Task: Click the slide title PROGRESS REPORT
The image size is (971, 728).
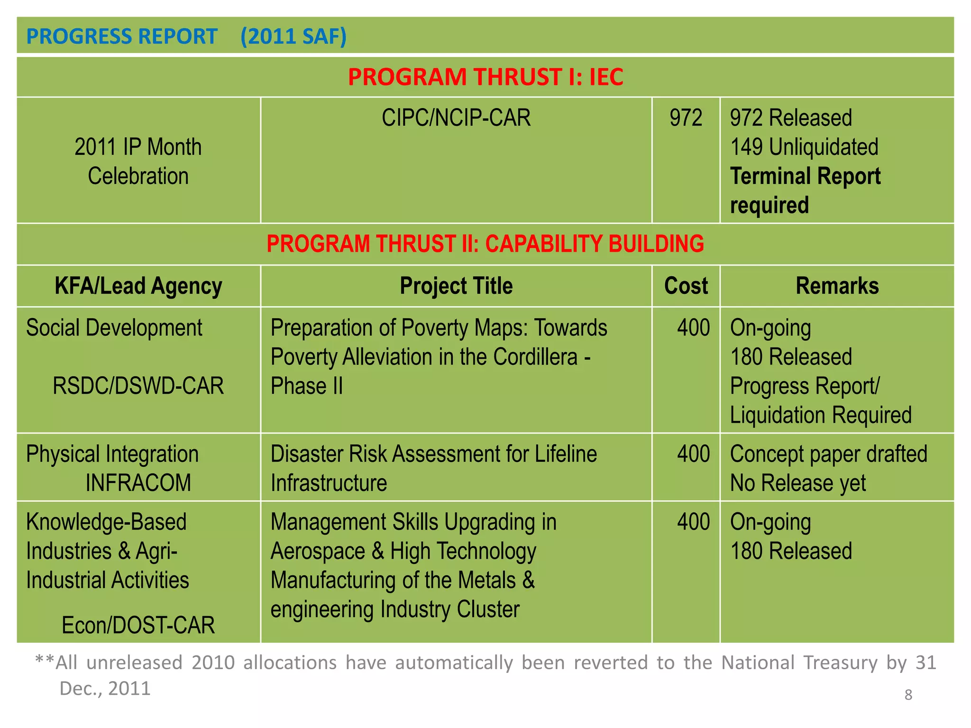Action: point(121,36)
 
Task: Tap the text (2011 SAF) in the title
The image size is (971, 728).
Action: point(293,36)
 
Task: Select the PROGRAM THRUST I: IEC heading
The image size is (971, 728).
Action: point(485,77)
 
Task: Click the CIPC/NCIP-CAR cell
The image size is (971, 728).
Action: point(456,118)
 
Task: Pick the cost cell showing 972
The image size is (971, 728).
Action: point(686,118)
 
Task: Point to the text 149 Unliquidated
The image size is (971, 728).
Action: point(804,147)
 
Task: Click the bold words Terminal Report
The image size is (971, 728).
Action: point(805,176)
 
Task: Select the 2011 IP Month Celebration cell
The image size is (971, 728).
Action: point(138,161)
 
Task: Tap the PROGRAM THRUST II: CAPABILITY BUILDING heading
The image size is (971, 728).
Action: point(485,244)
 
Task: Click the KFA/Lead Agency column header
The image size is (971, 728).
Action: point(138,286)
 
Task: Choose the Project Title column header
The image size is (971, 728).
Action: point(456,286)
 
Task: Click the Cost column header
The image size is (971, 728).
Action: point(686,286)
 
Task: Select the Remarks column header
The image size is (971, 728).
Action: point(837,286)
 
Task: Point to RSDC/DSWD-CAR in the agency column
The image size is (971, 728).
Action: point(138,386)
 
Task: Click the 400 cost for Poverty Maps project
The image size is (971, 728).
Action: point(693,328)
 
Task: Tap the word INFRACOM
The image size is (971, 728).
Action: point(138,483)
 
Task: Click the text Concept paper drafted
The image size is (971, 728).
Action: point(828,454)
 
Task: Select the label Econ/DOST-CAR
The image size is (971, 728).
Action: point(138,625)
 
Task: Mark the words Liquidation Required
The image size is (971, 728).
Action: point(820,415)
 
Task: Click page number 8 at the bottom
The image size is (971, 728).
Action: point(908,695)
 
